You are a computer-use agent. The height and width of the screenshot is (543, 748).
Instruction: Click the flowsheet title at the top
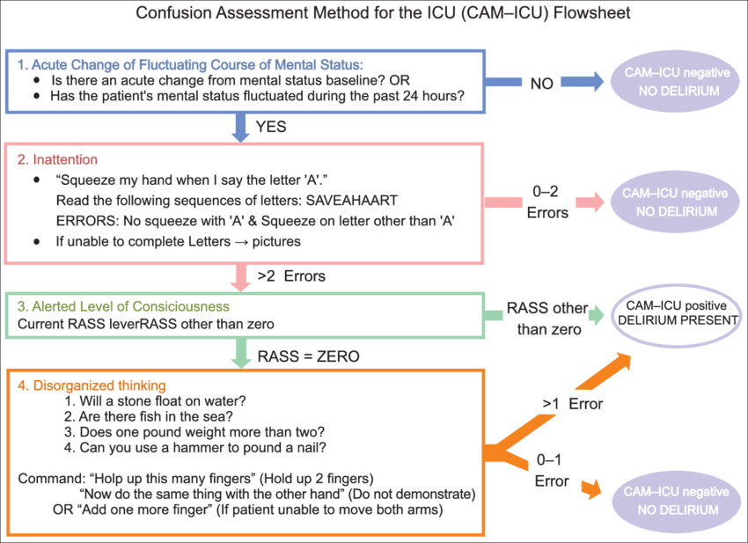[x=374, y=15]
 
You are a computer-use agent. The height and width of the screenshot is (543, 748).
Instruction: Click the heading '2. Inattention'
[x=65, y=160]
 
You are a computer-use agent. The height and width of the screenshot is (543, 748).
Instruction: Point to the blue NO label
[x=542, y=84]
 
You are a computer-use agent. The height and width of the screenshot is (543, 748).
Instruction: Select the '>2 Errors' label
[x=291, y=276]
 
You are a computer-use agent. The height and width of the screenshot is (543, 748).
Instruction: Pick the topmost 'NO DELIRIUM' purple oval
[x=676, y=82]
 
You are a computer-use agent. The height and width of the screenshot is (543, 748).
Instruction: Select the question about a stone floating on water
[x=155, y=400]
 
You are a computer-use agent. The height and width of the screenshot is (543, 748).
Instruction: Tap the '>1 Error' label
[x=572, y=405]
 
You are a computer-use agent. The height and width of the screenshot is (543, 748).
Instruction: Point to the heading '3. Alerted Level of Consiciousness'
[x=122, y=306]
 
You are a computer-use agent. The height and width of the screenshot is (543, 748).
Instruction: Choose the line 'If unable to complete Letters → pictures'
[x=172, y=240]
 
